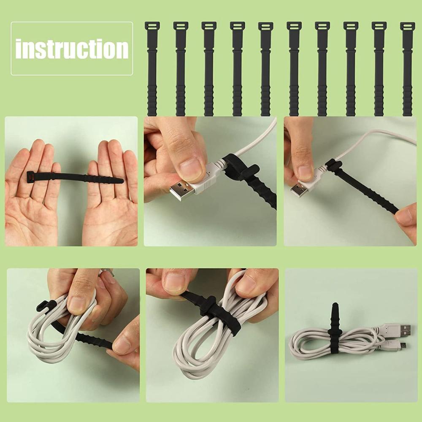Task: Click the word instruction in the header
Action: click(72, 49)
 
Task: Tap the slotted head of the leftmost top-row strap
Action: click(152, 26)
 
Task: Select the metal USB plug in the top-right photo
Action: click(299, 189)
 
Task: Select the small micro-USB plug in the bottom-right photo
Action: click(402, 346)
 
